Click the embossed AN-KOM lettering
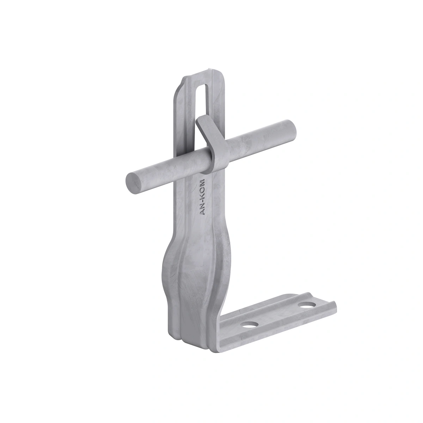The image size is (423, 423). point(202,197)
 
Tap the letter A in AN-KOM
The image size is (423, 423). point(202,212)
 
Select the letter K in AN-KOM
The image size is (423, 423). point(202,194)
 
